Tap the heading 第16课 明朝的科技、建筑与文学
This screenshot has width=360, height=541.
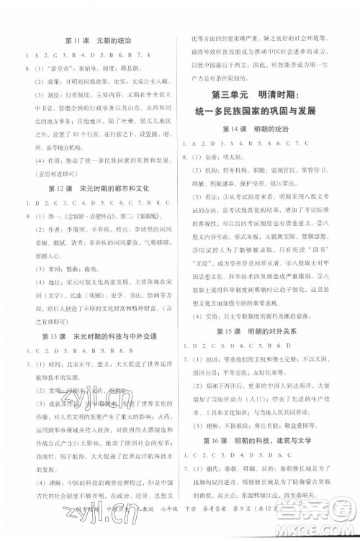click(267, 440)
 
